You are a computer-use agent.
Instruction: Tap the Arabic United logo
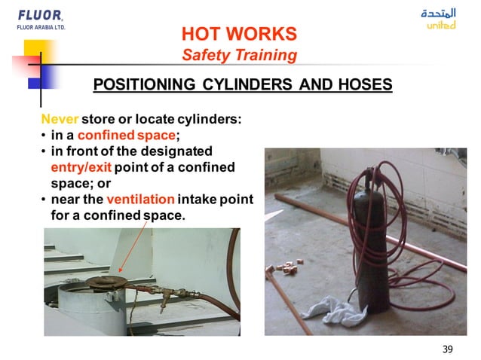coord(440,19)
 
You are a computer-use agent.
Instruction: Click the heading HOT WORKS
coord(239,34)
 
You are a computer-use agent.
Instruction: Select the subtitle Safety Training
coord(239,55)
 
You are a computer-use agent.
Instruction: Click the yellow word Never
coord(60,120)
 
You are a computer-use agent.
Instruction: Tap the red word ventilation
coord(140,200)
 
